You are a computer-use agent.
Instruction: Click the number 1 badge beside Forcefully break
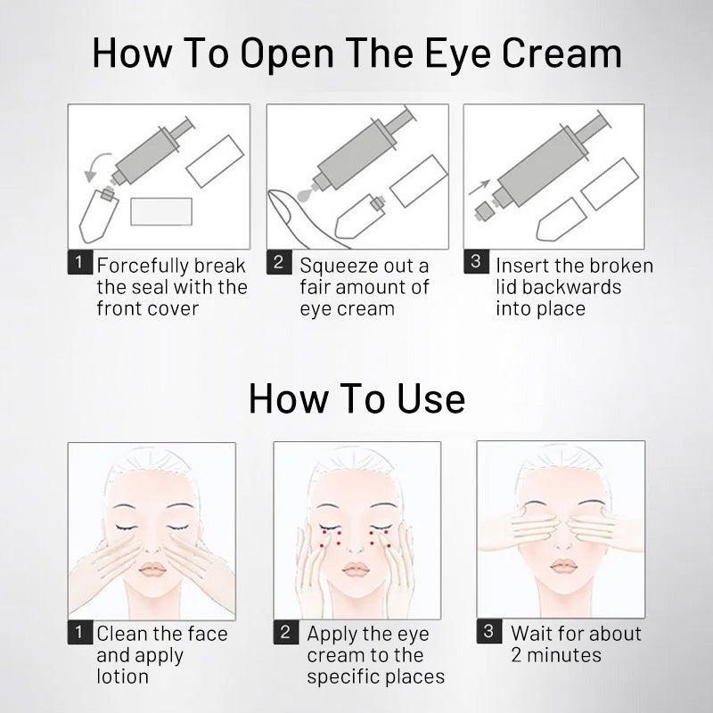point(80,262)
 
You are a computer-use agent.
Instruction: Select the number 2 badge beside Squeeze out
point(279,262)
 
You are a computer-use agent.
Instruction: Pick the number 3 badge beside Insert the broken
point(476,261)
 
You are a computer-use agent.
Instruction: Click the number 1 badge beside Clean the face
point(80,632)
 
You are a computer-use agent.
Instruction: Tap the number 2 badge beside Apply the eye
point(285,632)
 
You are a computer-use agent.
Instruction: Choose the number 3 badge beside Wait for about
point(488,631)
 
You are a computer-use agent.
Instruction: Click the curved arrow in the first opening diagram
point(94,164)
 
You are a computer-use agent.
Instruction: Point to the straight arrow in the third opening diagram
point(479,187)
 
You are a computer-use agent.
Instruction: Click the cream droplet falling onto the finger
point(305,194)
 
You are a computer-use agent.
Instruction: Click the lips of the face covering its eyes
point(563,567)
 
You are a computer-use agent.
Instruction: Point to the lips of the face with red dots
point(356,569)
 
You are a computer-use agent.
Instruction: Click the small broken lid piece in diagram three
point(484,211)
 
